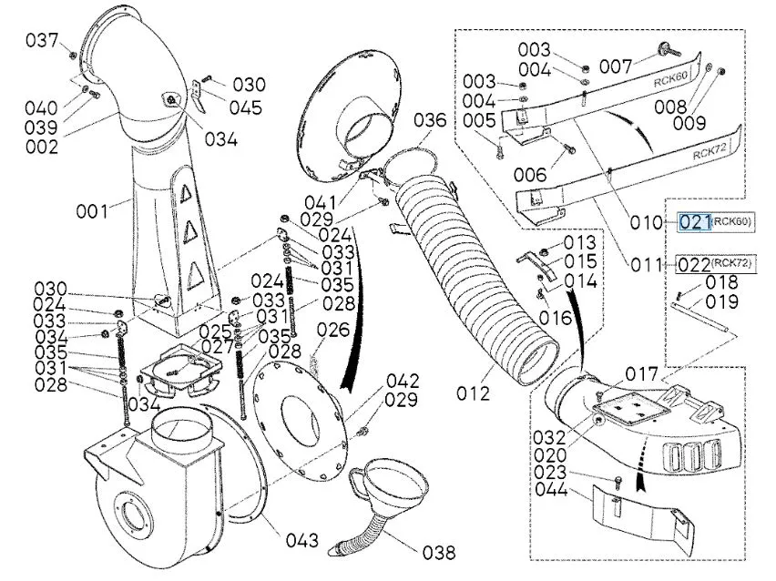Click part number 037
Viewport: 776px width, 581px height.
pos(42,40)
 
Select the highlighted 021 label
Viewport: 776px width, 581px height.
pos(695,221)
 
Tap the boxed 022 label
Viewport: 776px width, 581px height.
pos(694,265)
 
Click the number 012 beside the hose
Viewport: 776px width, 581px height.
pos(473,393)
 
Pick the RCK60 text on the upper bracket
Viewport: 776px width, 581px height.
pos(670,79)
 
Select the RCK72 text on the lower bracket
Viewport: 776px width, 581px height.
pos(710,150)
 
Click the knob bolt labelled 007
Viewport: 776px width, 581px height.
pos(669,50)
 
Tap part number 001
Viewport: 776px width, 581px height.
pos(92,212)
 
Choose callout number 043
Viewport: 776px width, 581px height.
pos(301,540)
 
